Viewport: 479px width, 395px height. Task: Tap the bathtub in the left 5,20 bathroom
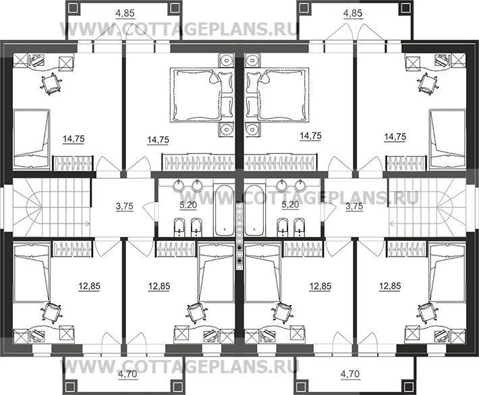(223, 210)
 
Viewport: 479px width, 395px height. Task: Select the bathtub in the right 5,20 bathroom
(255, 210)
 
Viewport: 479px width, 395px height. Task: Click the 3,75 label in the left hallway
(125, 207)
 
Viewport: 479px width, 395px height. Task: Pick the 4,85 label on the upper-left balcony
(125, 14)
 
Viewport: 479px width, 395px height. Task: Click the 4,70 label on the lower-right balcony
(350, 374)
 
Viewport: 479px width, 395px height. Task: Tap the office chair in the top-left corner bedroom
(51, 83)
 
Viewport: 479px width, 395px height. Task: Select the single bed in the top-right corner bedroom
(447, 139)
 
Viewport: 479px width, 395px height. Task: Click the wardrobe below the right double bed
(281, 162)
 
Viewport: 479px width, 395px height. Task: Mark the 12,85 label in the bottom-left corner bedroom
(89, 287)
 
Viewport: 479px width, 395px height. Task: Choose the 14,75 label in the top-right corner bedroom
(395, 137)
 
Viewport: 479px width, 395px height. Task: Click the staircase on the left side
(52, 207)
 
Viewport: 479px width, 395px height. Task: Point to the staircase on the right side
(427, 207)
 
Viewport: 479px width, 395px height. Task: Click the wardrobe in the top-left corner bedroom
(72, 163)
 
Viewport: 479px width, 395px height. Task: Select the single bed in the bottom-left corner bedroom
(32, 272)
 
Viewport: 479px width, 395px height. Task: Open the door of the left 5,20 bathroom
(149, 211)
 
